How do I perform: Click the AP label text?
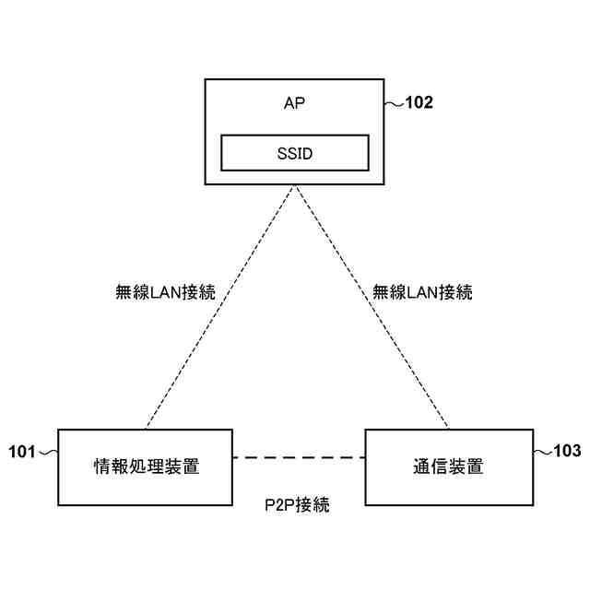tap(294, 102)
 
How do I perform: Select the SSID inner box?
tap(294, 153)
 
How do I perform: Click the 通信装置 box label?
tap(448, 466)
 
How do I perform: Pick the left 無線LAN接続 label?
tap(165, 293)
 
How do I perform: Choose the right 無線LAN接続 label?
tap(422, 293)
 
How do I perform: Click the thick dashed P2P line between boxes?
tap(299, 457)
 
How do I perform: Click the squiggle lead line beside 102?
tap(395, 103)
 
